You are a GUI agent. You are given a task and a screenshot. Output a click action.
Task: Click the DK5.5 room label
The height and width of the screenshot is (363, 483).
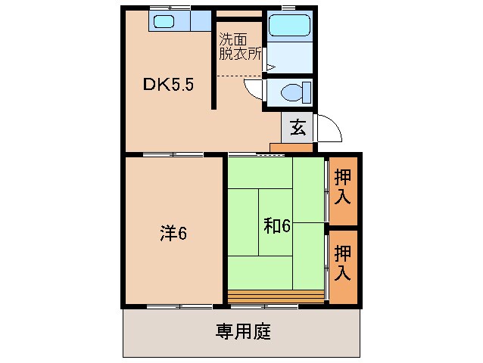[x=170, y=85]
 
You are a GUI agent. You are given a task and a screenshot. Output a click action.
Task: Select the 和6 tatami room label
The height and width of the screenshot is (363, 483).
[x=278, y=225]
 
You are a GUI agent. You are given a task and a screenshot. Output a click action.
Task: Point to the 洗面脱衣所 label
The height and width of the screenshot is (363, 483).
[x=240, y=47]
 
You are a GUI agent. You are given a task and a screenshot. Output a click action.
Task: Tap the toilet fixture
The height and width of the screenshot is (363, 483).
[x=291, y=94]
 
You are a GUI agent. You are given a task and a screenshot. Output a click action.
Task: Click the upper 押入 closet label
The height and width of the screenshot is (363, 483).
[x=343, y=188]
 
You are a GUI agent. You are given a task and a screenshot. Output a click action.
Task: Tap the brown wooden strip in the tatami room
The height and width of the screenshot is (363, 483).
[x=276, y=296]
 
